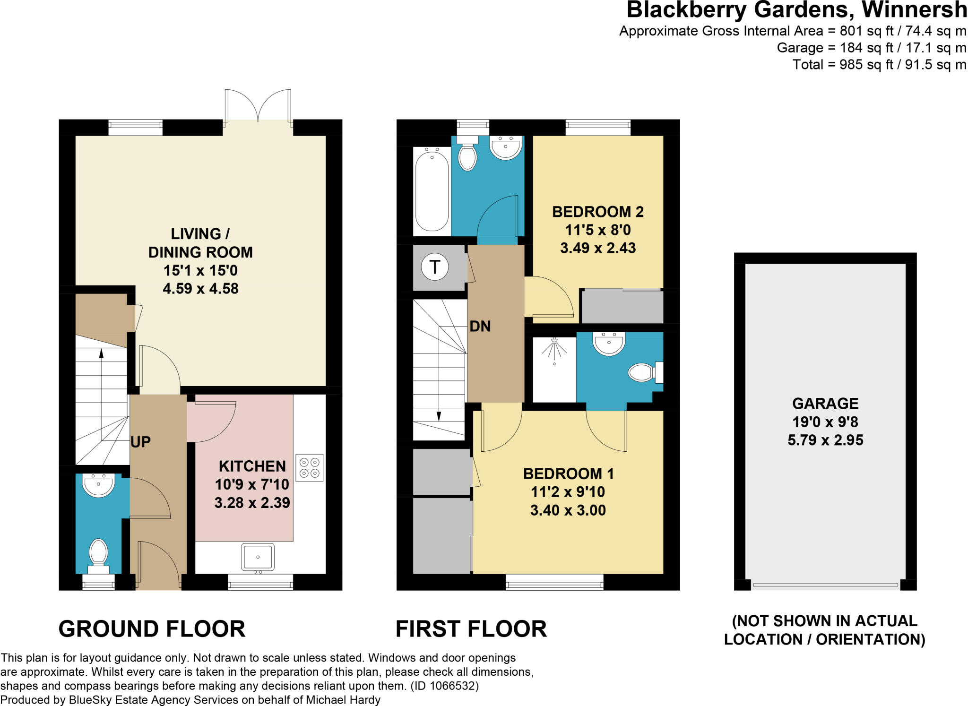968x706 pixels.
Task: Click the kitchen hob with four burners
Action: (x=310, y=467)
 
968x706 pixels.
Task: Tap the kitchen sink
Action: (x=258, y=558)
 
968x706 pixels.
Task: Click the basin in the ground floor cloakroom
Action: (x=98, y=485)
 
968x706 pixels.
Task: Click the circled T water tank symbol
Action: (x=434, y=267)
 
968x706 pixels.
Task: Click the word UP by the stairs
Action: (x=140, y=442)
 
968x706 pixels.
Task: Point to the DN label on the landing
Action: (x=480, y=326)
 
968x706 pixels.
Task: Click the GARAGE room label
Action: (x=825, y=403)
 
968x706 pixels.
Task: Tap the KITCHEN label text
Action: (x=252, y=466)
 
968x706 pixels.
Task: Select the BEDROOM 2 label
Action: (x=598, y=211)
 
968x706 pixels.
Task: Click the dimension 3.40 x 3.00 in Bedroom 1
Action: (x=568, y=510)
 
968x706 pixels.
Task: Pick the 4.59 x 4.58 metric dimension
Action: (x=200, y=288)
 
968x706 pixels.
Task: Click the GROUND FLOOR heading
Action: (x=152, y=629)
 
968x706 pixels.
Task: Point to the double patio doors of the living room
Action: (x=258, y=106)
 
